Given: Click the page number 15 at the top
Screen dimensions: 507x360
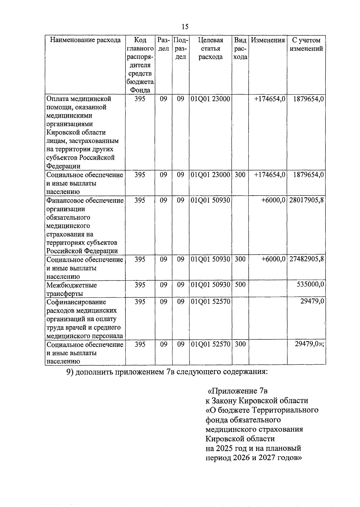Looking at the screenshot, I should coord(185,27).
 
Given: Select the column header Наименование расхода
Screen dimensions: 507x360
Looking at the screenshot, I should coord(85,40).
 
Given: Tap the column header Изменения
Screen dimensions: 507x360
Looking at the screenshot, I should coord(268,40).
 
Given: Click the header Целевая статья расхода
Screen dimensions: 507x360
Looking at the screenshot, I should coord(211,49).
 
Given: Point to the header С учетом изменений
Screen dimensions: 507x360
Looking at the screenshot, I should coord(306,44).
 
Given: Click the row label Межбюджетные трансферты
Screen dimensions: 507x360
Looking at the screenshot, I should coord(72,289).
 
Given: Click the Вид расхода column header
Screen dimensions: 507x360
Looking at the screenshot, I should coord(240,49).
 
